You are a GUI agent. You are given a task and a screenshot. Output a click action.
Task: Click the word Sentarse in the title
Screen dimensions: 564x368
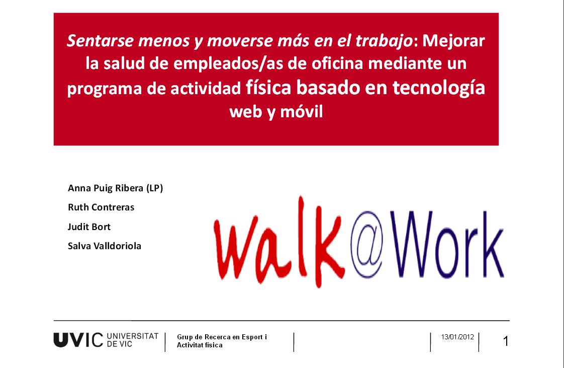[x=100, y=41]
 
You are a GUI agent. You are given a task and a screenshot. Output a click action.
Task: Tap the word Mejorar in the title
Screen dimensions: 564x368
[x=453, y=41]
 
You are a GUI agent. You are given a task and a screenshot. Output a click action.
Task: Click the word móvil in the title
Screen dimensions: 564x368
[x=302, y=112]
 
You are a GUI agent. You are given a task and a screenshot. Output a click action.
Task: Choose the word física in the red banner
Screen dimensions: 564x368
[x=268, y=87]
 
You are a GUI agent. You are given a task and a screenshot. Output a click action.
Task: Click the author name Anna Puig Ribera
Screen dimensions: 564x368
[x=106, y=188]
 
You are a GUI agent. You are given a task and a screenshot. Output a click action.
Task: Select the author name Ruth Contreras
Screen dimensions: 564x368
[x=101, y=207]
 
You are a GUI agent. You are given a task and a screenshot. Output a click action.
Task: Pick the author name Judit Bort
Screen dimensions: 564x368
[x=89, y=227]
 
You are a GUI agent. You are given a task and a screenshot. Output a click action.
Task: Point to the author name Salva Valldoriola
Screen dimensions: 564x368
[x=105, y=246]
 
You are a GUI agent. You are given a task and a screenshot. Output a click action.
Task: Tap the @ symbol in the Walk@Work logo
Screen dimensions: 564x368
[x=367, y=244]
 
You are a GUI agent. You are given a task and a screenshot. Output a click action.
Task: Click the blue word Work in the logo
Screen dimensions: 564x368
[x=447, y=244]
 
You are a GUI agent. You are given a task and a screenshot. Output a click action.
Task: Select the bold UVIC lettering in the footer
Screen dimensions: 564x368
[x=78, y=340]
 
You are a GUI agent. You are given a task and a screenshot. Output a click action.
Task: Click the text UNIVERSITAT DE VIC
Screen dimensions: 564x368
[x=133, y=340]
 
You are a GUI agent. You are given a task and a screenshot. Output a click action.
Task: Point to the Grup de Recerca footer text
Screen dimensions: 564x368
[x=222, y=341]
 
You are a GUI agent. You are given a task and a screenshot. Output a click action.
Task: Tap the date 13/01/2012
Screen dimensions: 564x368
[x=457, y=337]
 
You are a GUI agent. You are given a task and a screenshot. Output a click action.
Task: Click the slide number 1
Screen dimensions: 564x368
[x=506, y=341]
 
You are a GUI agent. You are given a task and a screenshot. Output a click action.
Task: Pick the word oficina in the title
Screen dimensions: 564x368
[x=337, y=63]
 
